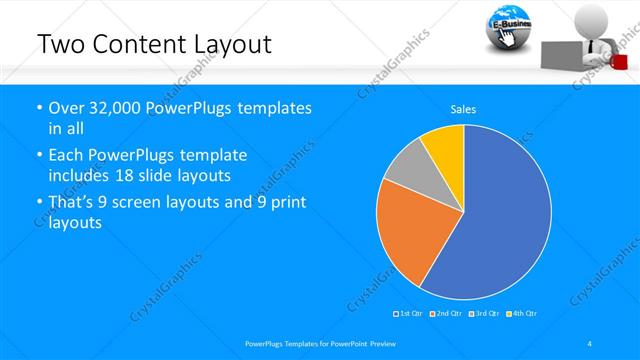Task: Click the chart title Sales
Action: pos(463,109)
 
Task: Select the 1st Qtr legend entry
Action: pos(409,313)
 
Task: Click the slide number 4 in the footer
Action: pos(589,343)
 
